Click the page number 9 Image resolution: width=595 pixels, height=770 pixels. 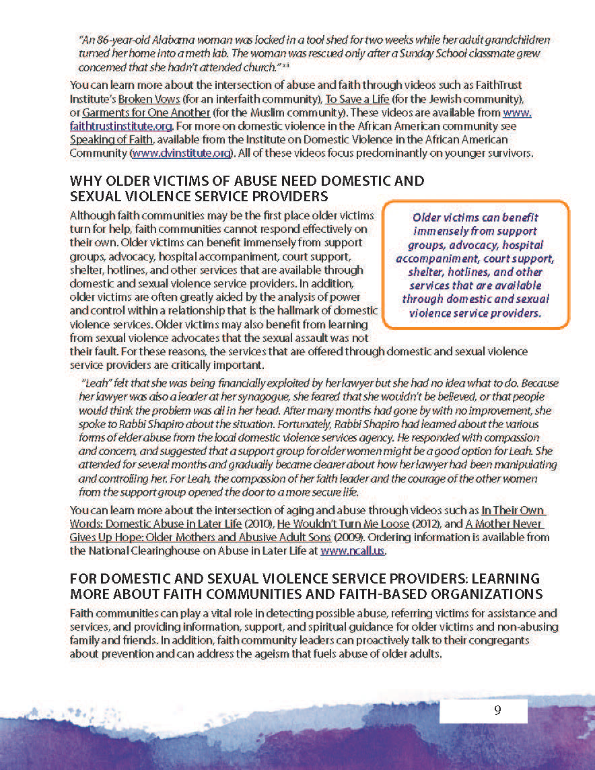[x=497, y=710]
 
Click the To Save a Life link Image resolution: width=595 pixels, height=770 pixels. [x=355, y=98]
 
